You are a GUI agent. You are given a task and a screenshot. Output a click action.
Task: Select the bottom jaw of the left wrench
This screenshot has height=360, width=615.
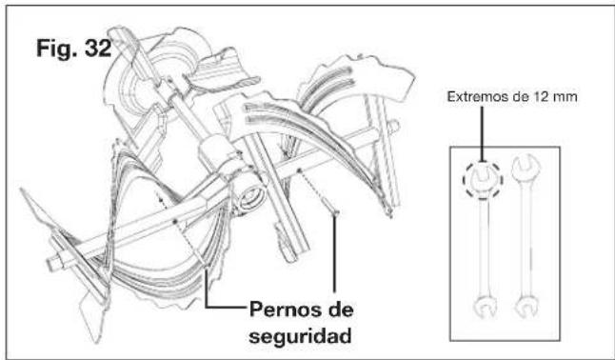tap(486, 310)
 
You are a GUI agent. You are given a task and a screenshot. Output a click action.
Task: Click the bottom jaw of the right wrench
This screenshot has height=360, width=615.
tap(523, 309)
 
